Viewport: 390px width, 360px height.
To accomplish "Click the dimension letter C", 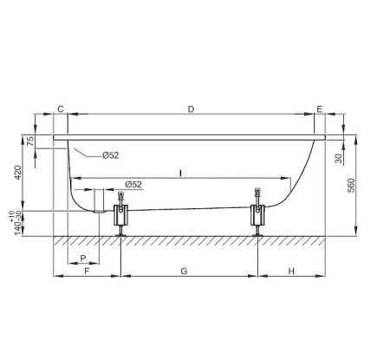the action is tap(61, 109).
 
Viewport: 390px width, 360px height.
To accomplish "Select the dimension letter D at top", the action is tap(191, 109).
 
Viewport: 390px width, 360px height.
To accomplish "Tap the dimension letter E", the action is tap(320, 109).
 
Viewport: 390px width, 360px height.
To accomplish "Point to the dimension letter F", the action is tap(87, 272).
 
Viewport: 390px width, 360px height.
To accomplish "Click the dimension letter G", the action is tap(184, 272).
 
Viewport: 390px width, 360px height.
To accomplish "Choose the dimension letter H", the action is tap(291, 272).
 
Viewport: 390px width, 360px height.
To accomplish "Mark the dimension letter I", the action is tap(180, 173).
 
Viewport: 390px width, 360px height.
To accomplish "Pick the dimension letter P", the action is tap(83, 259).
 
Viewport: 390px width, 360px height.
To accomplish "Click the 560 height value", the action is tap(351, 186).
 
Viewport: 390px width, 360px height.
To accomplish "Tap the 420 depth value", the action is tap(18, 173).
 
